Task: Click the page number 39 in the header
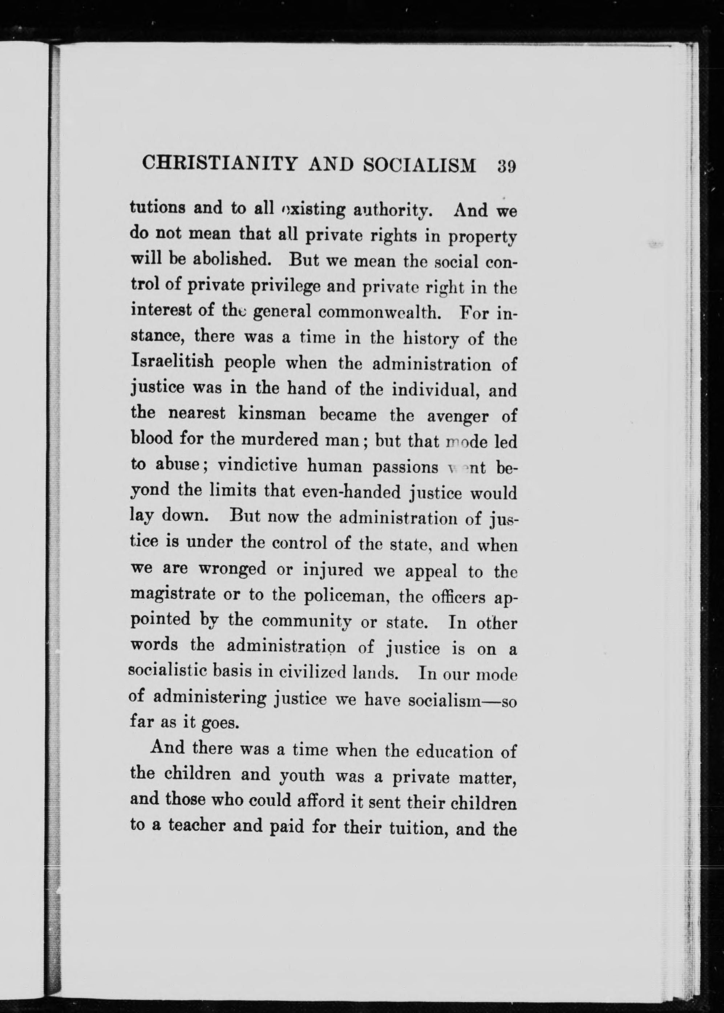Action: (506, 166)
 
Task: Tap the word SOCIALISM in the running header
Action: (420, 165)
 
